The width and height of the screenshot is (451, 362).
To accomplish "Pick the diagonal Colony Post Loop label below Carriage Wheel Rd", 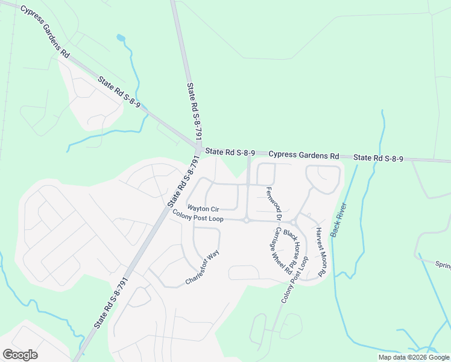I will click(295, 280).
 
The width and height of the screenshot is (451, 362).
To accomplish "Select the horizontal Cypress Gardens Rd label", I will click(304, 155).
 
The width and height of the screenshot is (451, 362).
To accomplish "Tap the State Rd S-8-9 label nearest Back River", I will click(378, 158).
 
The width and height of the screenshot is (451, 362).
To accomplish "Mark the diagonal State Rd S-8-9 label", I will click(121, 92).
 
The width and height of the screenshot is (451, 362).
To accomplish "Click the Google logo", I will click(20, 355).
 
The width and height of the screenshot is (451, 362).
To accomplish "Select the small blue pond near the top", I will click(121, 38).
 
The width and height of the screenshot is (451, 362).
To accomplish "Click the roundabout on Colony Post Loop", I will click(247, 221).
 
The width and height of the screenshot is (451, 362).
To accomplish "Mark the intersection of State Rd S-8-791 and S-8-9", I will click(198, 148).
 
